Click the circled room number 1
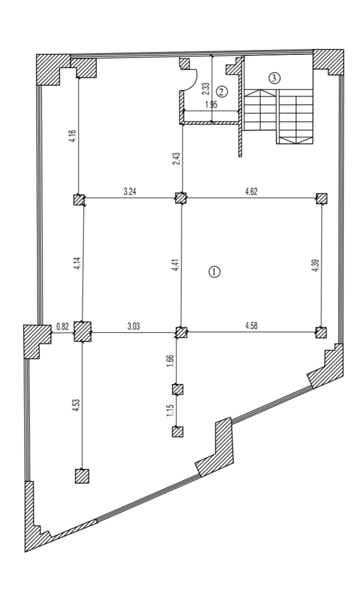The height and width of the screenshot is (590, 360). pos(214,272)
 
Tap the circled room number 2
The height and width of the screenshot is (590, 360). pos(222,91)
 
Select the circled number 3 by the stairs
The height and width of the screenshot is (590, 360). pos(275,78)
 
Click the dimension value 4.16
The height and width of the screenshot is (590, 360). pos(73,136)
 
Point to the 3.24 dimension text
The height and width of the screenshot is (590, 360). pos(130,192)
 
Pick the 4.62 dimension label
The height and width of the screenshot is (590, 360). pos(251,192)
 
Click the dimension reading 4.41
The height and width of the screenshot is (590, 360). pos(175,265)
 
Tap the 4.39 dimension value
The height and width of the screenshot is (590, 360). pos(315,266)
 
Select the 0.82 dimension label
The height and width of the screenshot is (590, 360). pos(62,326)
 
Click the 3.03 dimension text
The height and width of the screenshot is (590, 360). pos(133,326)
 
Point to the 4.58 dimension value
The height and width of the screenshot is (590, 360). pos(251,326)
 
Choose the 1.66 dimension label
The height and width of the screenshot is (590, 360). pos(170,362)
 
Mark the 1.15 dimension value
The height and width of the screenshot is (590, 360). pos(170,410)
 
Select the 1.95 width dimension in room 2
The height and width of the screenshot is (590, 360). pos(211,105)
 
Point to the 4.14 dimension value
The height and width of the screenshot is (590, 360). pos(77,262)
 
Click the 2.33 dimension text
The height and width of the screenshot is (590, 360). pos(206,89)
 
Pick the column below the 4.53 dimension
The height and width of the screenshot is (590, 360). pos(82,476)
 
